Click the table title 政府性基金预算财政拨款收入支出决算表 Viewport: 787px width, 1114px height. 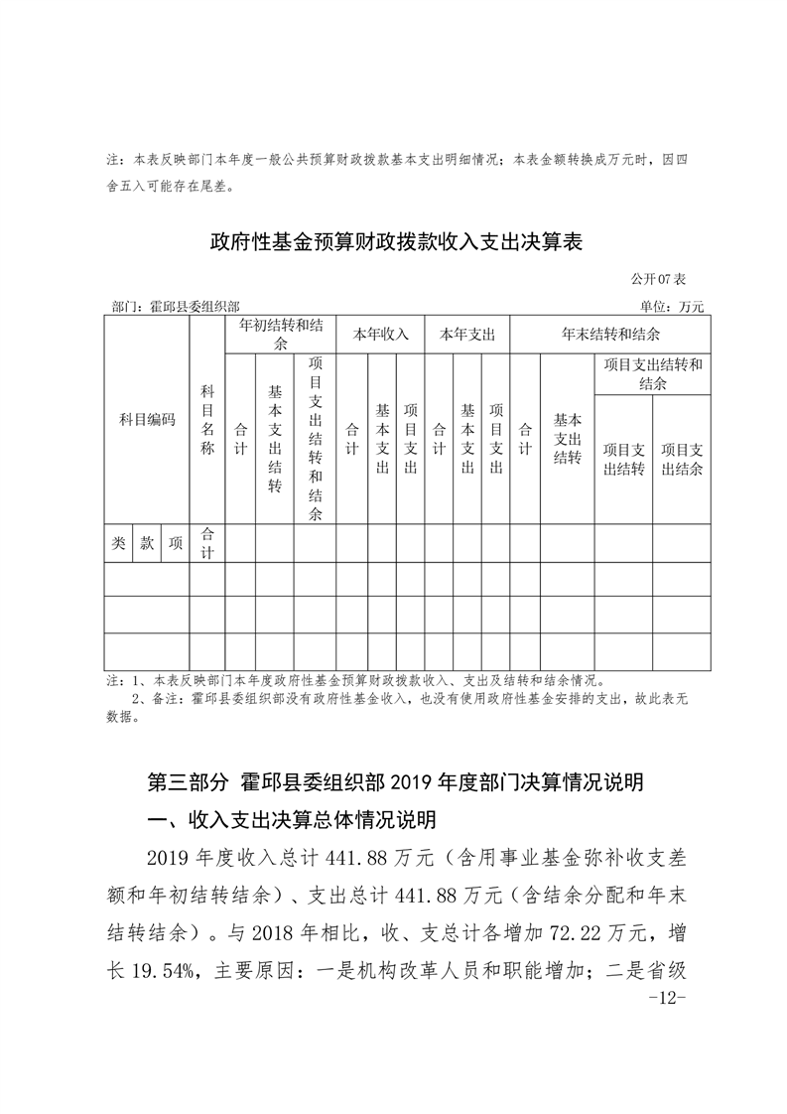(394, 241)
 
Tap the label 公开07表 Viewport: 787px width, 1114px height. (665, 282)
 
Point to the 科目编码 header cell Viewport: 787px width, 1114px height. (147, 420)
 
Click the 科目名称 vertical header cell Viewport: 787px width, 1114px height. (207, 420)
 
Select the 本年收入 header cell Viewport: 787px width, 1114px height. (381, 335)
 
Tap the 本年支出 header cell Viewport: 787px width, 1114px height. (467, 335)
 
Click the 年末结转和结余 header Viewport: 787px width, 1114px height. (610, 334)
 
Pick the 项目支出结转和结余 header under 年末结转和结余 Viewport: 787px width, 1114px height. (652, 373)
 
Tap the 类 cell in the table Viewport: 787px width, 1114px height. (118, 543)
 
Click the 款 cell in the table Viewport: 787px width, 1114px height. (147, 543)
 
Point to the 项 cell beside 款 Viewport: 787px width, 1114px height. (176, 543)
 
